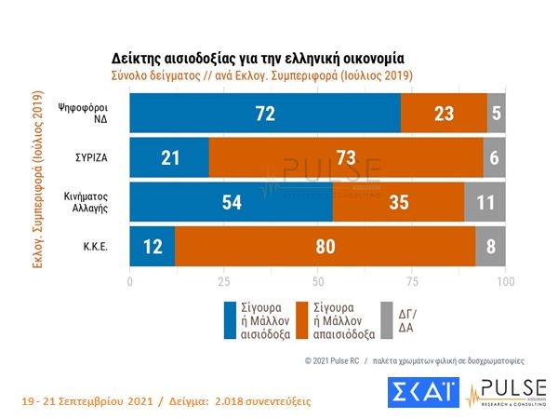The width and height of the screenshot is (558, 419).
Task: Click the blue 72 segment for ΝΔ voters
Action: tap(265, 113)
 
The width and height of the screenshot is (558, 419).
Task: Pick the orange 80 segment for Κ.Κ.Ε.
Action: tap(325, 247)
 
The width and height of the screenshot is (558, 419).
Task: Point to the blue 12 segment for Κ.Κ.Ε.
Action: tap(153, 247)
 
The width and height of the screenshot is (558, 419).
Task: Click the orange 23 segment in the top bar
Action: tap(444, 113)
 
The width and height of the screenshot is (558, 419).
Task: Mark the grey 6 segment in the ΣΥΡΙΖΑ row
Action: tap(494, 157)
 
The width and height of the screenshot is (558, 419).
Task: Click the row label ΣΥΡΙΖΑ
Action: tap(97, 158)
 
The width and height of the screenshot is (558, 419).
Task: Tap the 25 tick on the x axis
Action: tap(223, 281)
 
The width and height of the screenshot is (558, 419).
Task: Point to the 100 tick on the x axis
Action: tap(505, 281)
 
